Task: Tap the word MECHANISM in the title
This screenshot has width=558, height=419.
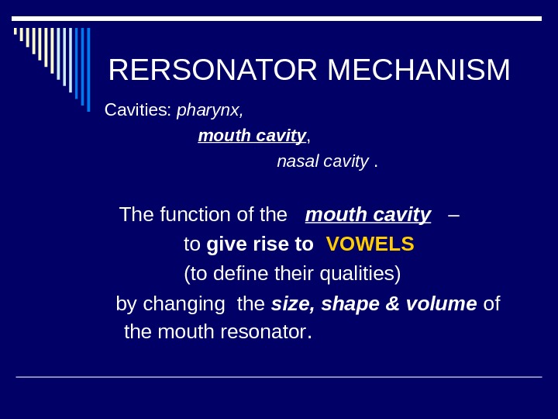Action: [x=418, y=70]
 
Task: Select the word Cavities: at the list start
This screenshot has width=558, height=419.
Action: [x=138, y=109]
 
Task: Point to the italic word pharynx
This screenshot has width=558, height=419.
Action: [x=209, y=110]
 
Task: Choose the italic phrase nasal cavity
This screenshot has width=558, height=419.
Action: [x=322, y=161]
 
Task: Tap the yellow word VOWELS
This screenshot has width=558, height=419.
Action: [x=370, y=244]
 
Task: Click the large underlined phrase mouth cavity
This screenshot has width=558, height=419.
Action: [x=368, y=214]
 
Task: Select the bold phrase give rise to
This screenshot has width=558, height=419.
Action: [x=260, y=244]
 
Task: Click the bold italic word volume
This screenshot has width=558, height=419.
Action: [x=441, y=303]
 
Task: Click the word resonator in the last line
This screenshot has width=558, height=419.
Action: [x=263, y=332]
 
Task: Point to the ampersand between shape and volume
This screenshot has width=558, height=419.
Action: [x=391, y=303]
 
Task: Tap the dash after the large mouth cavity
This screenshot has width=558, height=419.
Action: [x=453, y=214]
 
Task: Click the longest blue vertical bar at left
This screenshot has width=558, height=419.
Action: [x=88, y=69]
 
